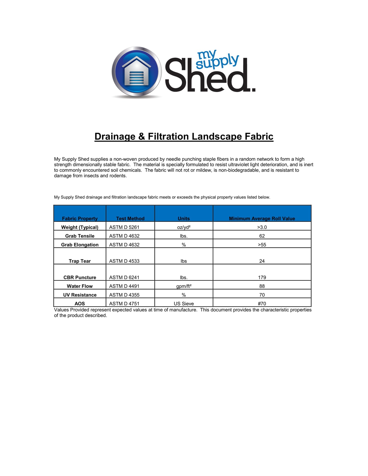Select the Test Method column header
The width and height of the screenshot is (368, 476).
coord(130,218)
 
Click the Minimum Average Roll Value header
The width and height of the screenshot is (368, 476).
coord(262,218)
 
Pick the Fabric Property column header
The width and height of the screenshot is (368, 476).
coord(80,218)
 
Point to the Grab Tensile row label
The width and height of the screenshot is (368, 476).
coord(80,236)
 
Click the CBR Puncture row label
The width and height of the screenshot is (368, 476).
coord(80,277)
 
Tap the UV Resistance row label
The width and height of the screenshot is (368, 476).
coord(80,295)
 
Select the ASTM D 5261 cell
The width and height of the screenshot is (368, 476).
coord(124,227)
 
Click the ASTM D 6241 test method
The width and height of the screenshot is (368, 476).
coord(124,277)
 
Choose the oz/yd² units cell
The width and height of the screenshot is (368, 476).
coord(184,227)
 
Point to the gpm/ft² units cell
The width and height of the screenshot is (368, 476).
coord(184,286)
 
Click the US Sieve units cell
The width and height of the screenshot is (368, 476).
coord(184,304)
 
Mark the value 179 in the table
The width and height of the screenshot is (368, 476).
coord(262,277)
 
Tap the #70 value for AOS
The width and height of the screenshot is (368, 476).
coord(262,304)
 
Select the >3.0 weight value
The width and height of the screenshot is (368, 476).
coord(262,227)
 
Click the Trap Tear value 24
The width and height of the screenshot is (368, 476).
coord(262,261)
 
